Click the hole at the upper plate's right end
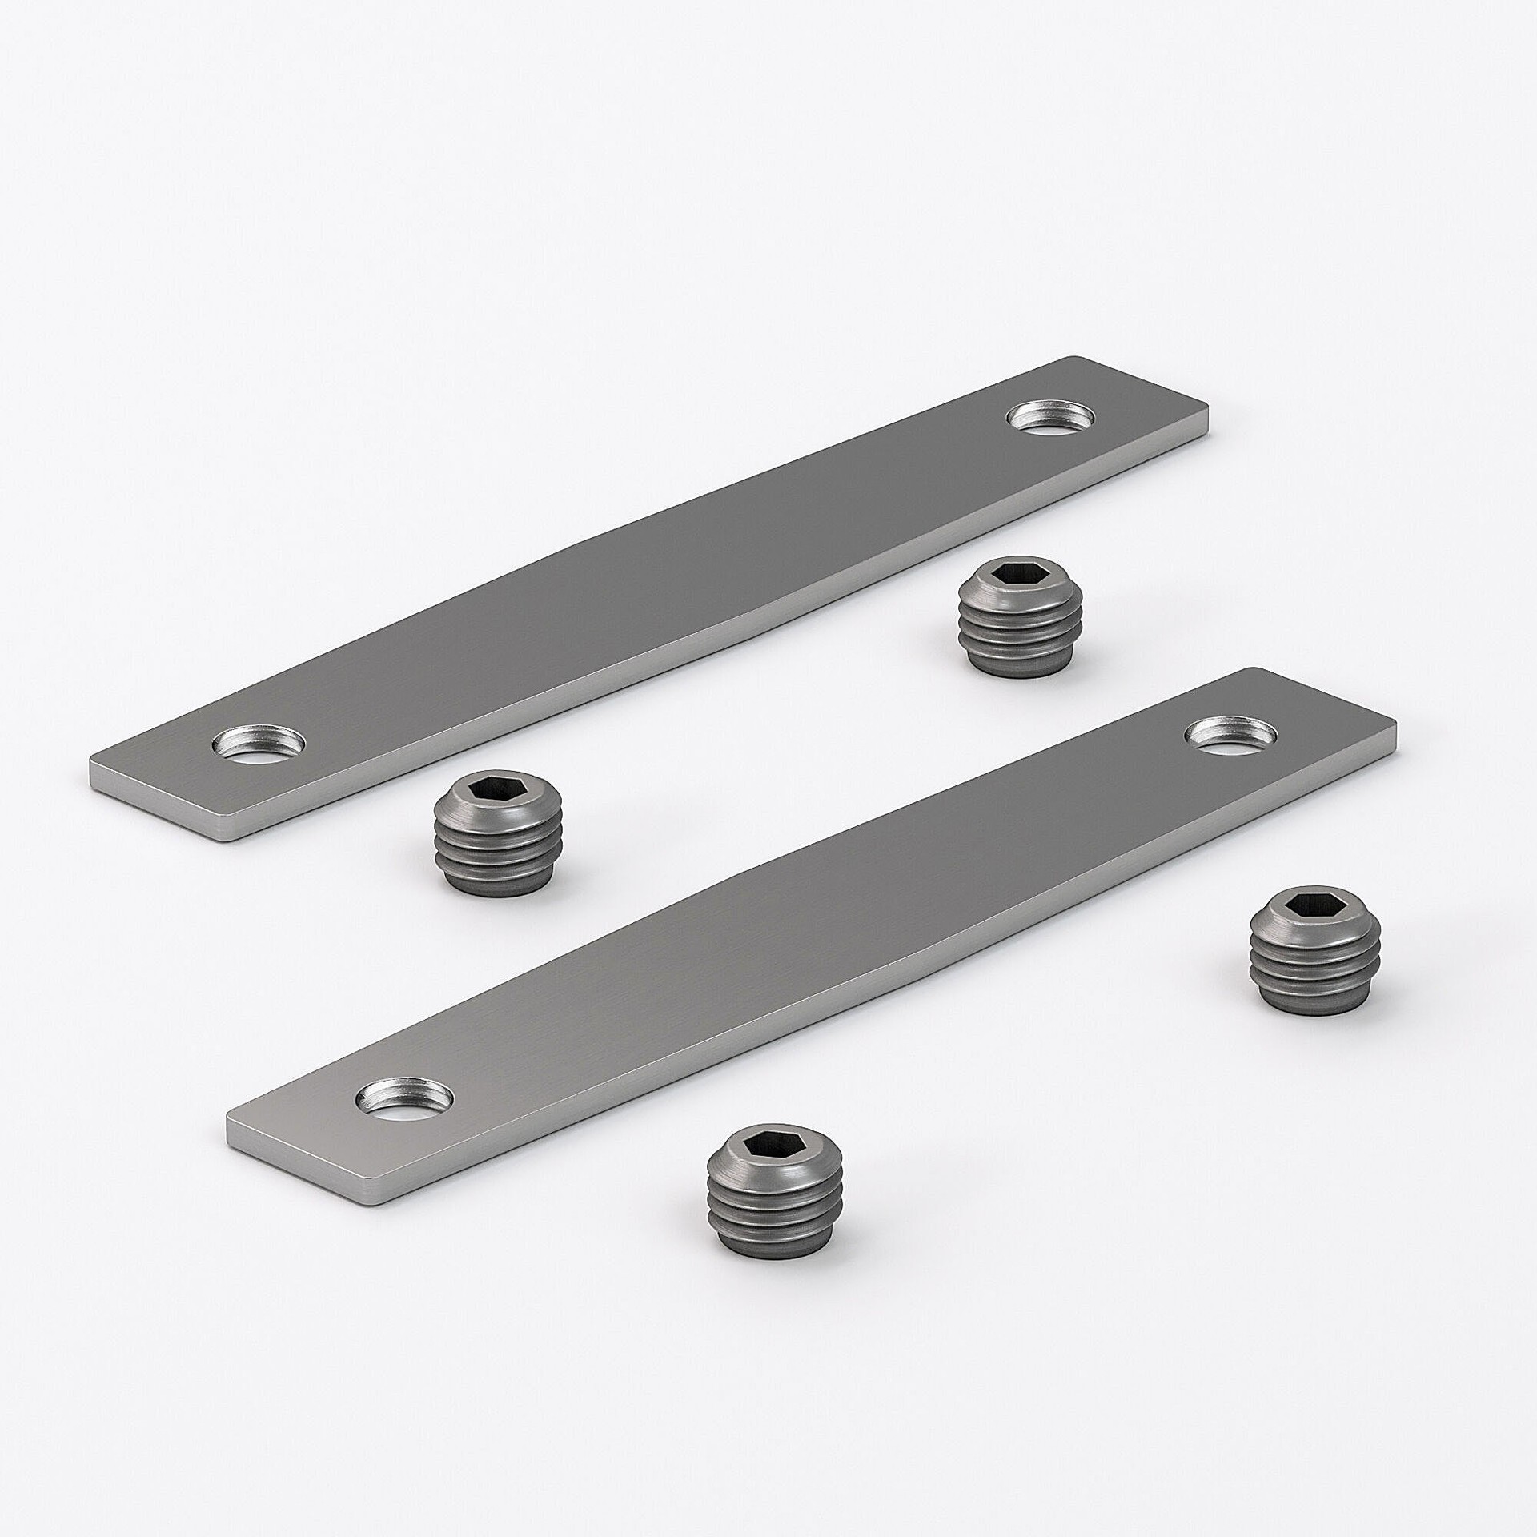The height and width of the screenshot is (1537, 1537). click(1052, 417)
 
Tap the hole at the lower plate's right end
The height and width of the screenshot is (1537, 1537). click(1231, 732)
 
